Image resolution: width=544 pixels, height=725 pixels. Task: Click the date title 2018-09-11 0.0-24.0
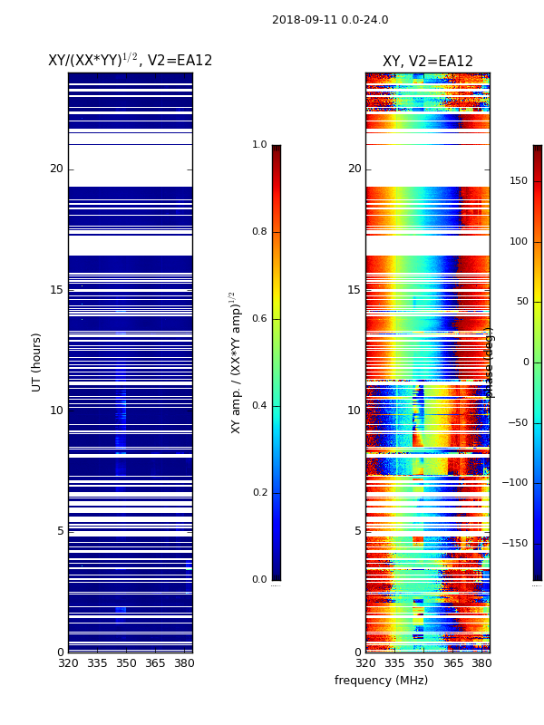(x=330, y=20)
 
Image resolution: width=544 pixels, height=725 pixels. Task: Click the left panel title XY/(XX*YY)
(x=130, y=60)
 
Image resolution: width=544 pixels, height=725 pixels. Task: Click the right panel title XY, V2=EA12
(x=427, y=62)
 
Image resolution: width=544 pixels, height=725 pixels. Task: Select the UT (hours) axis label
(x=37, y=362)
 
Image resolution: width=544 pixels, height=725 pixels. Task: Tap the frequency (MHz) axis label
(x=381, y=681)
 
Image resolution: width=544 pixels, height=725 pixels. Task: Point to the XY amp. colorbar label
(x=235, y=362)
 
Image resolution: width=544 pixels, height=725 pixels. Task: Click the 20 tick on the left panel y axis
(x=56, y=169)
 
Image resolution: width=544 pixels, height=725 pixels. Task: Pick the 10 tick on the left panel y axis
(x=56, y=411)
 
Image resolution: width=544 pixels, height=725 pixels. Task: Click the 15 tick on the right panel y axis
(x=355, y=290)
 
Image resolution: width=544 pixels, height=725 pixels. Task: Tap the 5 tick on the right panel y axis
(x=357, y=531)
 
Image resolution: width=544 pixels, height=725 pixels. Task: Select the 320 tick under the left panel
(x=68, y=663)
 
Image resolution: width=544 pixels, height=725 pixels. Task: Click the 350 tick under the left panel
(x=126, y=663)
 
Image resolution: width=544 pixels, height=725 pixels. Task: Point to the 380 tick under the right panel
(x=482, y=663)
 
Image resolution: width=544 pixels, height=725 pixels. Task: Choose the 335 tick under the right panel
(x=394, y=663)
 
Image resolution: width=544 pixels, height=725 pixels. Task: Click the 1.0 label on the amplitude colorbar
(x=259, y=145)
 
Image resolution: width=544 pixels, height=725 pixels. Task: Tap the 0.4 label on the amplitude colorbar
(x=259, y=406)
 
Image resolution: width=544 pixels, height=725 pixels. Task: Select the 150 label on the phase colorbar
(x=519, y=181)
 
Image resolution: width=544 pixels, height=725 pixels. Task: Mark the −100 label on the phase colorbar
(x=516, y=483)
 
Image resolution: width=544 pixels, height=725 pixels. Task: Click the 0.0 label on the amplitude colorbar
(x=259, y=580)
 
